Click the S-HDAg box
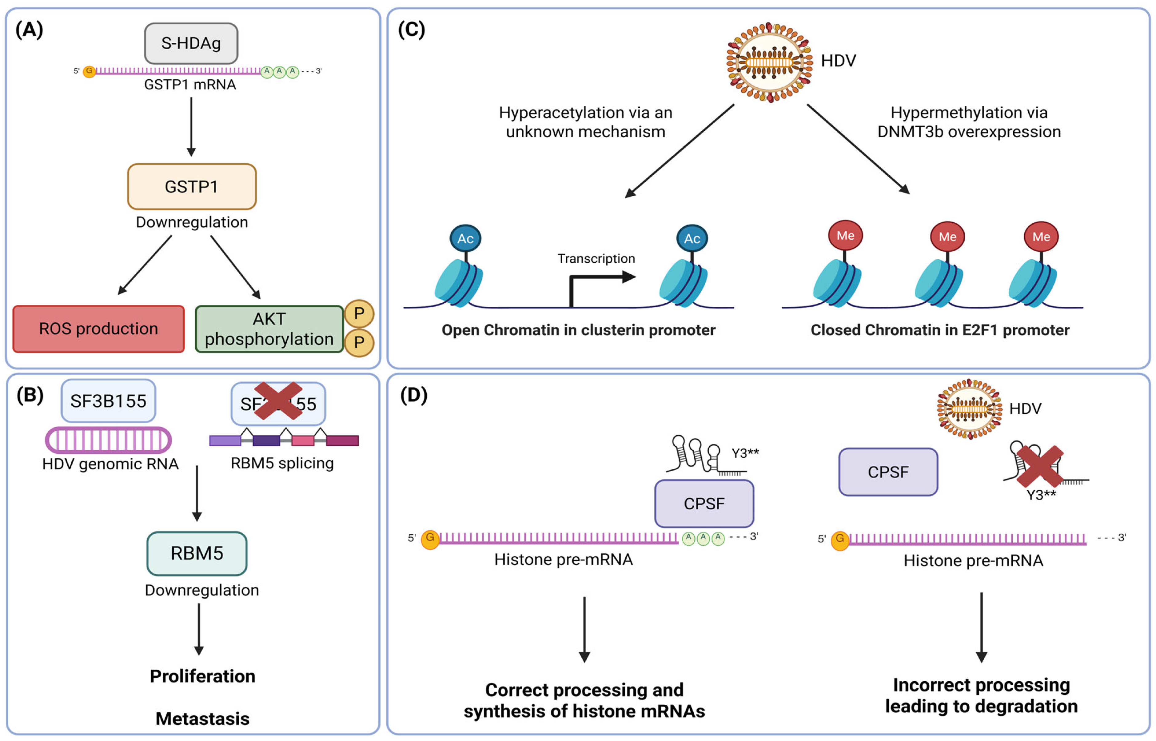[191, 43]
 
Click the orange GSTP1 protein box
[191, 187]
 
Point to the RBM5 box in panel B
[197, 553]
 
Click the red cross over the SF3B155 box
[278, 401]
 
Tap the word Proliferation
[202, 676]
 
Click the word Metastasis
[202, 718]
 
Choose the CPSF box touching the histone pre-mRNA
[704, 503]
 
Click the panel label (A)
[29, 30]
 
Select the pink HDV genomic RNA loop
[108, 440]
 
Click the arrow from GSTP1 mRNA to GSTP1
[191, 126]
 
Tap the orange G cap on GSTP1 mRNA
[89, 71]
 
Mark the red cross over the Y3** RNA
[1039, 466]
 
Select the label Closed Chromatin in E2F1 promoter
[939, 330]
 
